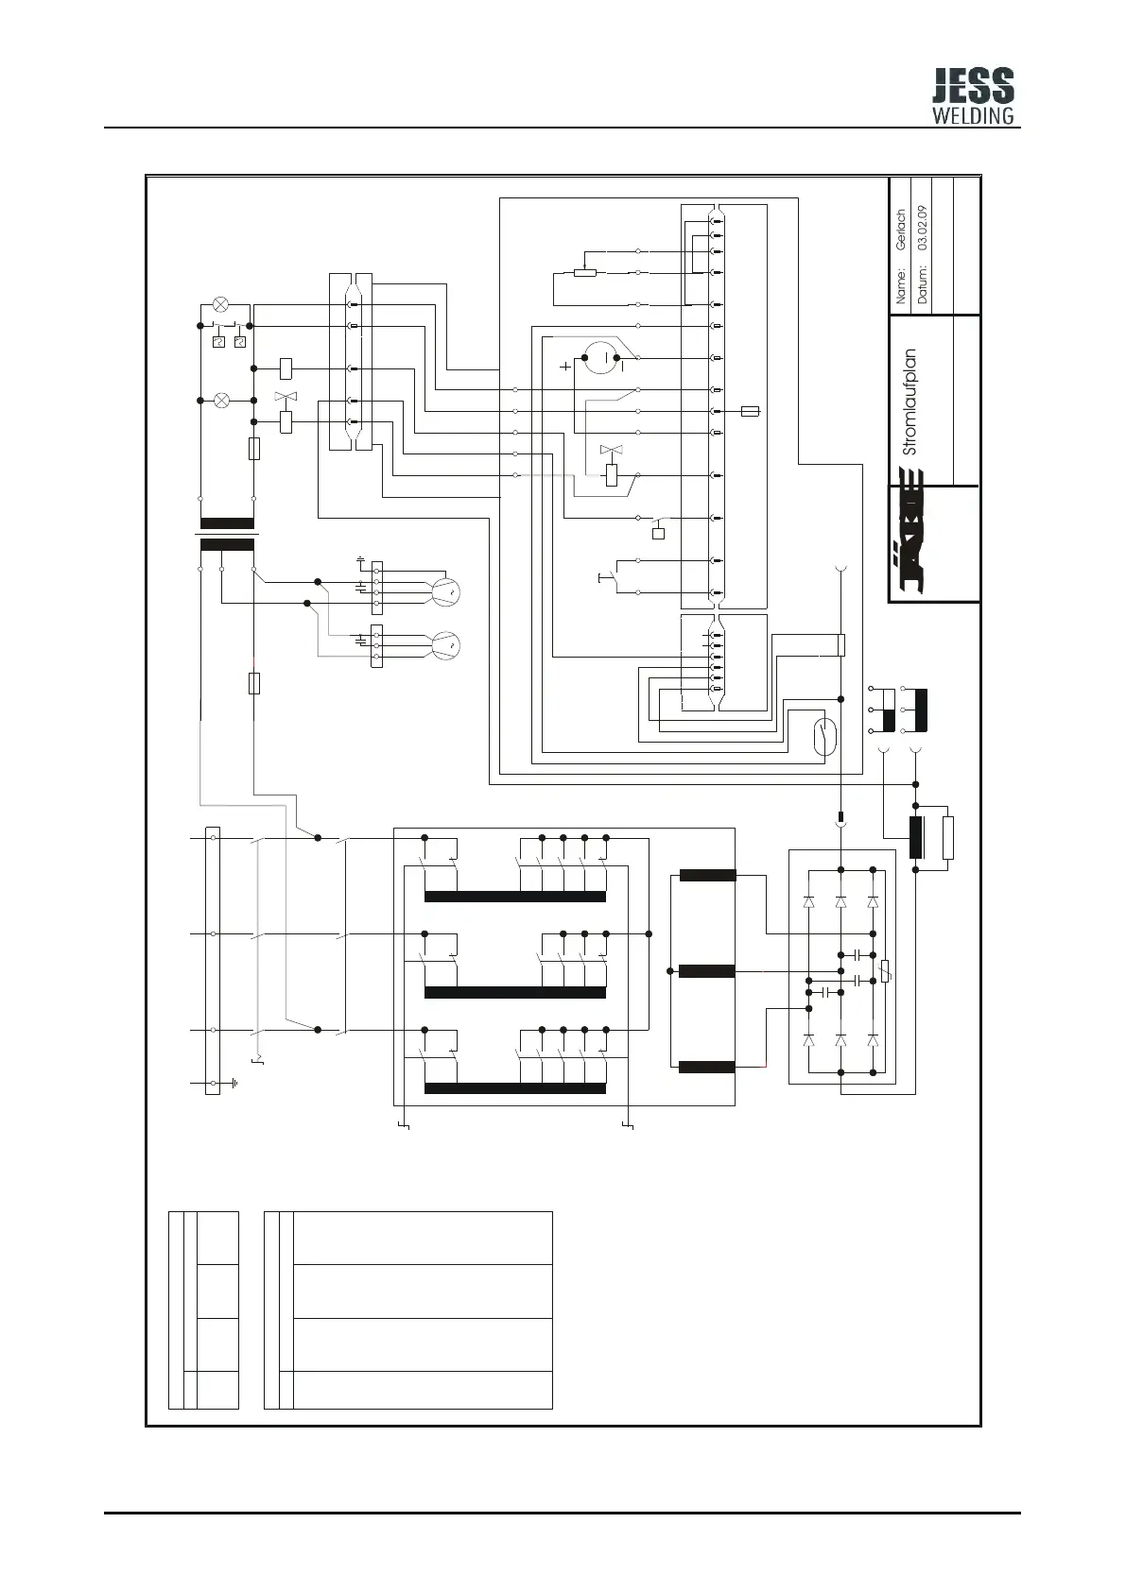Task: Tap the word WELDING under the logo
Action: (x=973, y=116)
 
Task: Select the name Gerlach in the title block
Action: (x=901, y=230)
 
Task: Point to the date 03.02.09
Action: (x=923, y=228)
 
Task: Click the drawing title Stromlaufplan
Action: (x=909, y=402)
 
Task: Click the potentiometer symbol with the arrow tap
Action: (x=585, y=273)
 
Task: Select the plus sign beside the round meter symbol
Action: (x=566, y=367)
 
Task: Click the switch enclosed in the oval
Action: (x=825, y=737)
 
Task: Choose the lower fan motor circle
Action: (x=444, y=645)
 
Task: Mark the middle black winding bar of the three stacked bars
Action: (x=707, y=971)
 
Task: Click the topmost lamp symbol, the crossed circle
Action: (x=221, y=304)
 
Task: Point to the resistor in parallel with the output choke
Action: (x=948, y=838)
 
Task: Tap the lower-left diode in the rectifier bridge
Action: (x=809, y=1039)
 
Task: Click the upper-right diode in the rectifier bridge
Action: (x=873, y=902)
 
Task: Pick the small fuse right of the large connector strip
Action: (x=751, y=412)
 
